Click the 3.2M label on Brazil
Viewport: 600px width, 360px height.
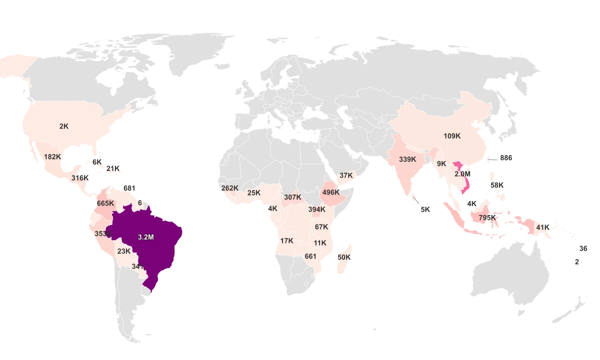[x=145, y=237]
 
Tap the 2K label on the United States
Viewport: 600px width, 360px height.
[x=64, y=126]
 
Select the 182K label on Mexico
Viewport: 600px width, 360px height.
[x=52, y=156]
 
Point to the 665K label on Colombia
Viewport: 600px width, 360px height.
[x=105, y=203]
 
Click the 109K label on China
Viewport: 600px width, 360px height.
[x=452, y=136]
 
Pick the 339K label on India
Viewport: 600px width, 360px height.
[x=407, y=159]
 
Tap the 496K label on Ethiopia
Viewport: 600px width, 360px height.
[x=331, y=192]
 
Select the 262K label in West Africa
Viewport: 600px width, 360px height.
[x=229, y=188]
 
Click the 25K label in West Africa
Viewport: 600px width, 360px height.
[x=254, y=193]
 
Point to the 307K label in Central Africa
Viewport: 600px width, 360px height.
[x=292, y=197]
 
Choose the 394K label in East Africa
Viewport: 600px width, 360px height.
[x=316, y=209]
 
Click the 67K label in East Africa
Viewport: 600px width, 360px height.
[x=321, y=227]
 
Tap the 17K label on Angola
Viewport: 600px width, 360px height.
[x=287, y=241]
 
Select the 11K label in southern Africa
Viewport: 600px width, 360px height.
[x=320, y=243]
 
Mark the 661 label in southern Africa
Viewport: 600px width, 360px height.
[x=310, y=256]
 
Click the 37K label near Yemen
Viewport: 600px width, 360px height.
[x=346, y=176]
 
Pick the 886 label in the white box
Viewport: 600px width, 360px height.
[x=506, y=158]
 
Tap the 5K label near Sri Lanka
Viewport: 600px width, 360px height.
[x=425, y=210]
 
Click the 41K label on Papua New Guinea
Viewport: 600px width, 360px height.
[x=543, y=227]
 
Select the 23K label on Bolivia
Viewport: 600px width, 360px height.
[x=124, y=251]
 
